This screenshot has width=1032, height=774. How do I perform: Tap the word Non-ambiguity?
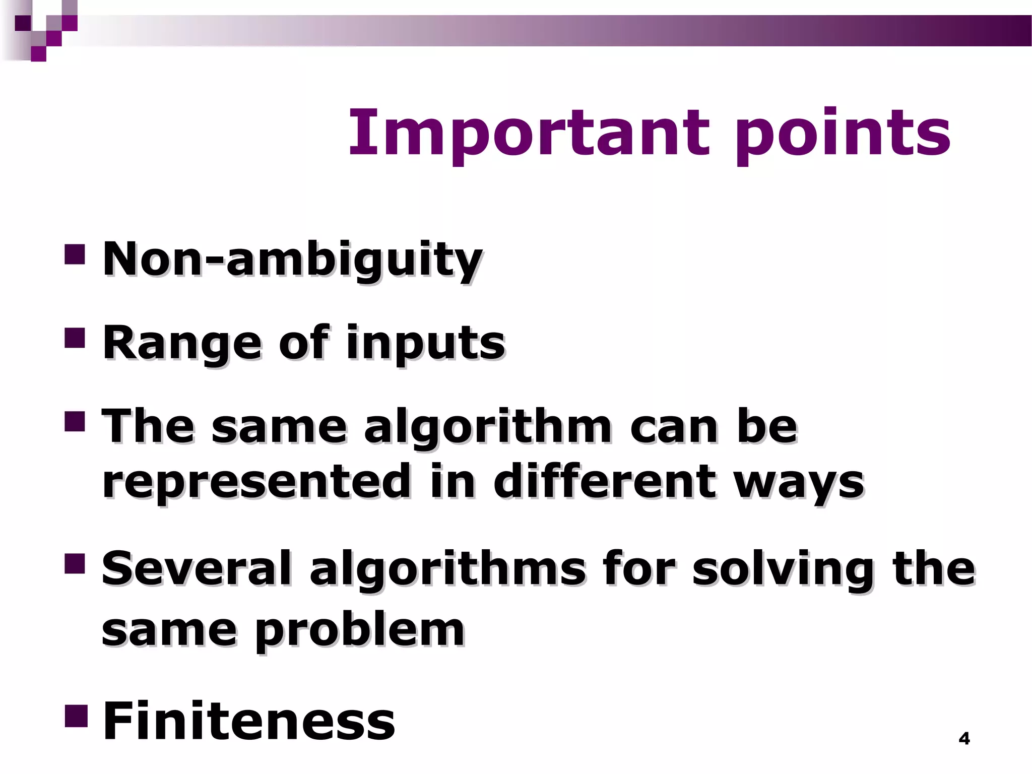click(292, 259)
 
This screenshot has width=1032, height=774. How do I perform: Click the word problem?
click(360, 631)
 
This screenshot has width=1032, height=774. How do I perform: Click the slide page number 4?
click(964, 739)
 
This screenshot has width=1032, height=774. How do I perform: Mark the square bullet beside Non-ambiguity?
click(75, 254)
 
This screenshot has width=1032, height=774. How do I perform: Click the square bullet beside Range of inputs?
click(75, 339)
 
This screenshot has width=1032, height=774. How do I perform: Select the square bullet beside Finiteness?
click(76, 716)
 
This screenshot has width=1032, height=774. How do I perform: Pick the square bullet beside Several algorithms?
click(75, 564)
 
